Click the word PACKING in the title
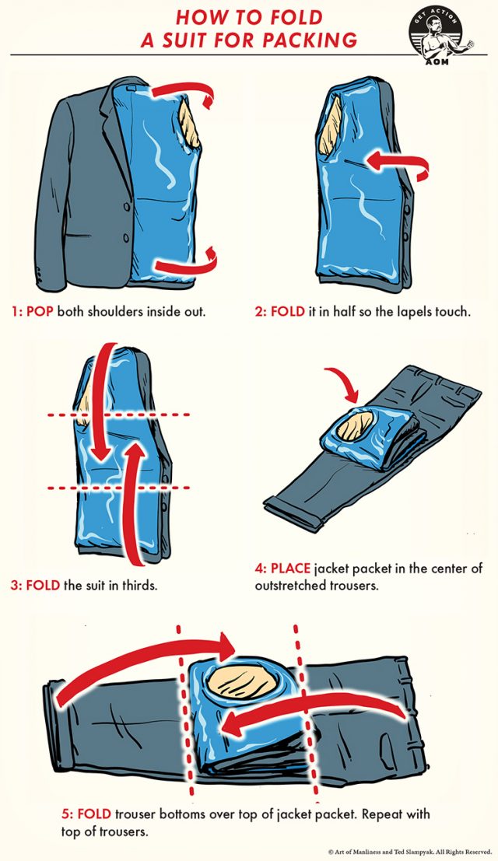[x=311, y=39]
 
